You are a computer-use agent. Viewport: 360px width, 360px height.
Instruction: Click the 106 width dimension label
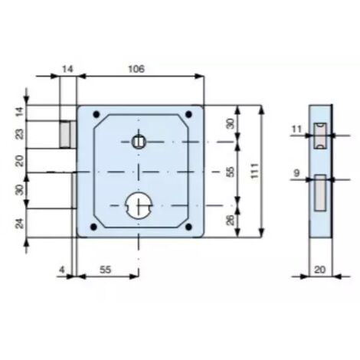point(136,69)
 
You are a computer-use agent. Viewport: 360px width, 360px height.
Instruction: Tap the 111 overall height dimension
point(254,170)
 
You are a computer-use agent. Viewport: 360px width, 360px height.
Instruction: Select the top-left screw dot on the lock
point(97,114)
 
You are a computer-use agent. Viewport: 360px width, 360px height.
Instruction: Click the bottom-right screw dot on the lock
point(188,227)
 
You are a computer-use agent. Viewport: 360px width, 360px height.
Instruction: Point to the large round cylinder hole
point(138,205)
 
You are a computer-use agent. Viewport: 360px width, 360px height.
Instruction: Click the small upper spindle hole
point(139,142)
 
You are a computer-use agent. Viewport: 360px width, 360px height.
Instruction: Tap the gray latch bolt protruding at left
point(67,134)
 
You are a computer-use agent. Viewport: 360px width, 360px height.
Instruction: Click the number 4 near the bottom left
point(62,270)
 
